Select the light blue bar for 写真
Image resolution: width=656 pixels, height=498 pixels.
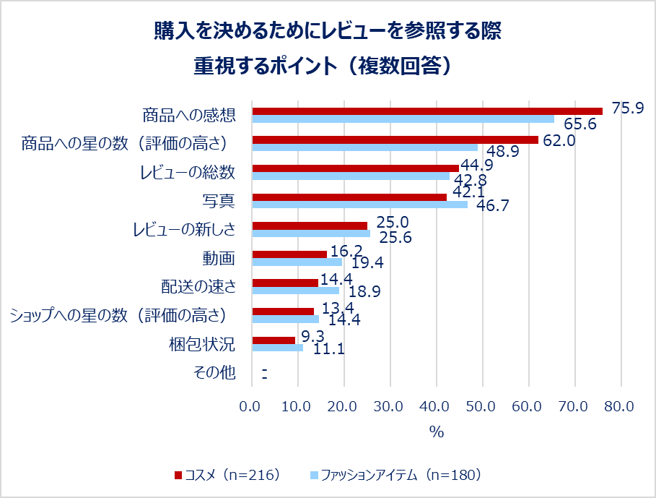[x=359, y=205]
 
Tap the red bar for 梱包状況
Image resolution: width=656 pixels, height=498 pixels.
[x=274, y=340]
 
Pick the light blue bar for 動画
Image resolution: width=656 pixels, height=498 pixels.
[x=297, y=262]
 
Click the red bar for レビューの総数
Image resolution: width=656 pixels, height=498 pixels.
[x=354, y=168]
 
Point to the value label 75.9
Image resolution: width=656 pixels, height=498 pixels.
[x=627, y=108]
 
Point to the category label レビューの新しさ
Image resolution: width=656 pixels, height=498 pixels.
[x=184, y=229]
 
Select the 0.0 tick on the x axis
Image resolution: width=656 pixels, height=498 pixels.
[x=252, y=407]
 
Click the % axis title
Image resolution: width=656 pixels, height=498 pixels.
[x=436, y=432]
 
